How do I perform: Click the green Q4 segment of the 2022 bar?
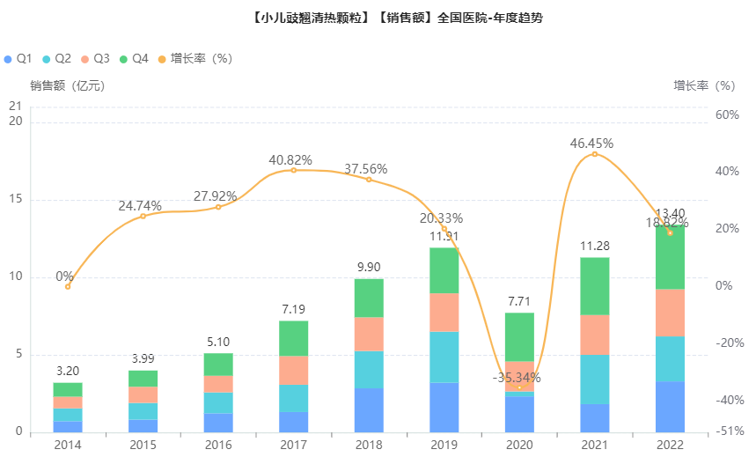[670, 257]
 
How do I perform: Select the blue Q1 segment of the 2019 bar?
[444, 407]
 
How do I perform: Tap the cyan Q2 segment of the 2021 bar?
[595, 380]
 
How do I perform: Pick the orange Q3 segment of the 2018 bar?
[369, 334]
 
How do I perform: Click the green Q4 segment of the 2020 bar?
[519, 336]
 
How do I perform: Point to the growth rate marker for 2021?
[595, 154]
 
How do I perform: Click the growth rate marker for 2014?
[68, 286]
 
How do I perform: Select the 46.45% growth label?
[591, 143]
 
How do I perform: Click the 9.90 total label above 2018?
[369, 267]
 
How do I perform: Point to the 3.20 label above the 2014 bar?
[68, 371]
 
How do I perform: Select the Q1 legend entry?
[18, 58]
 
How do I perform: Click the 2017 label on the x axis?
[293, 445]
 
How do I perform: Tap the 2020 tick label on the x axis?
[519, 445]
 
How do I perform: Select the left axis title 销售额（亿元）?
[67, 85]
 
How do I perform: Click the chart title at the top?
[378, 17]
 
